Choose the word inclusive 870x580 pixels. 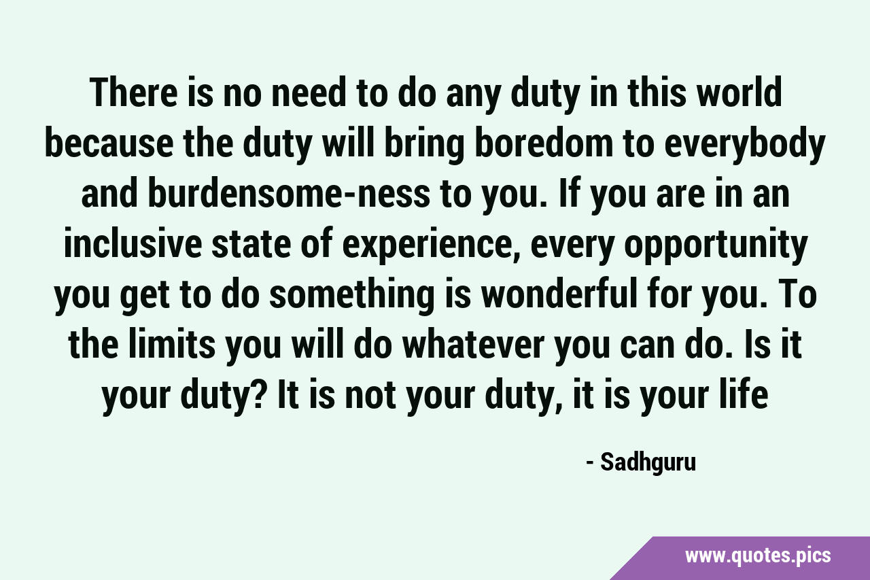coord(133,243)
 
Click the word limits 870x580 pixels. coord(172,345)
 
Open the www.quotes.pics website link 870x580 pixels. coord(758,556)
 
